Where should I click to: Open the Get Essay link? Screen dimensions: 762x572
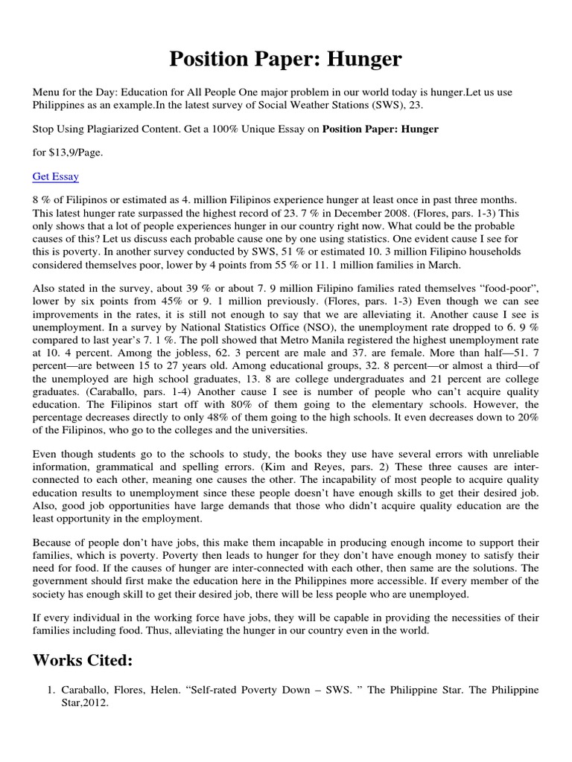[56, 176]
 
